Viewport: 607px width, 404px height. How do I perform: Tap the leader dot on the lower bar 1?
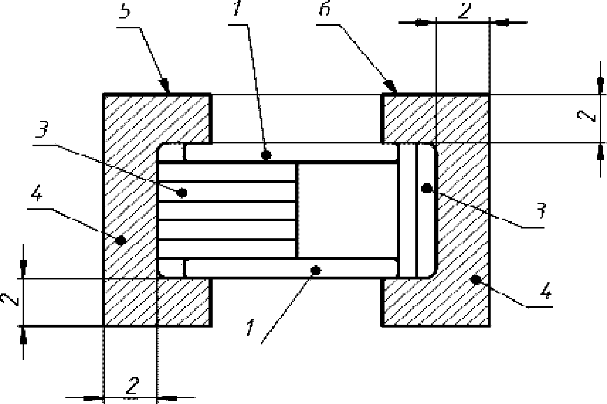pyautogui.click(x=315, y=270)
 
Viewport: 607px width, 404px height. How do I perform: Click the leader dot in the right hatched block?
pyautogui.click(x=476, y=279)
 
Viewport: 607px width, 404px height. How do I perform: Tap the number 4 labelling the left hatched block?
pyautogui.click(x=36, y=195)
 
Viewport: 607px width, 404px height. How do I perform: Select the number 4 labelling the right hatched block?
pyautogui.click(x=546, y=292)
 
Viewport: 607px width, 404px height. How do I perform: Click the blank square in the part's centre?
pyautogui.click(x=347, y=210)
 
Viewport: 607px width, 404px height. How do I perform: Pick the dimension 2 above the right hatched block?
pyautogui.click(x=463, y=11)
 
